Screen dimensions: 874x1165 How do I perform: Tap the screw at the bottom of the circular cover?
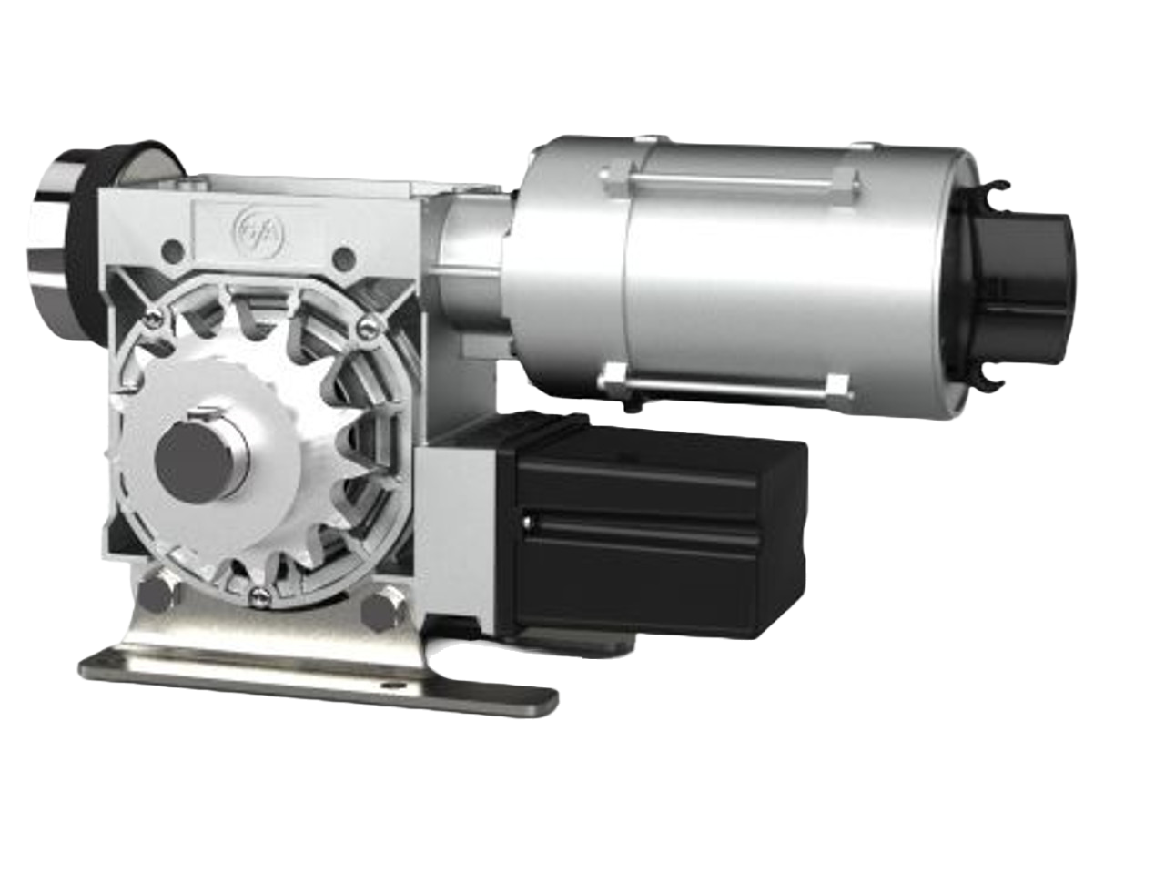pos(259,596)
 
